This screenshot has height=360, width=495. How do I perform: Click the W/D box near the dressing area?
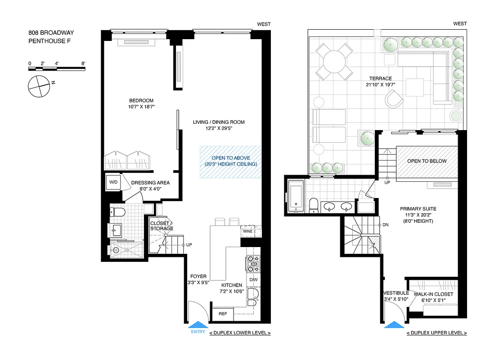(x=113, y=182)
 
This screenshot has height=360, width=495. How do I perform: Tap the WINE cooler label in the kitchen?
(x=247, y=232)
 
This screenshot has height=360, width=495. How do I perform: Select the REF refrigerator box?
(x=223, y=314)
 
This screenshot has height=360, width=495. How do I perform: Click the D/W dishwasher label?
(x=253, y=280)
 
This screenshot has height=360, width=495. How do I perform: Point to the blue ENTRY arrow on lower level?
(x=198, y=325)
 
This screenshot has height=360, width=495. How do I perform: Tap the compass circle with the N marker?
(x=38, y=85)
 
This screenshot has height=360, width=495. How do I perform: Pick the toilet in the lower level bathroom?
(x=119, y=211)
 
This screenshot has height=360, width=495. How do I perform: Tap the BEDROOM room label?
(x=141, y=100)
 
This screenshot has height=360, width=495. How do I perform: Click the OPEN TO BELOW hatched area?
(x=427, y=161)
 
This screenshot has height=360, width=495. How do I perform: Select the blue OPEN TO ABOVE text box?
(x=231, y=161)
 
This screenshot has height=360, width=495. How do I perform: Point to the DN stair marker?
(x=385, y=225)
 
